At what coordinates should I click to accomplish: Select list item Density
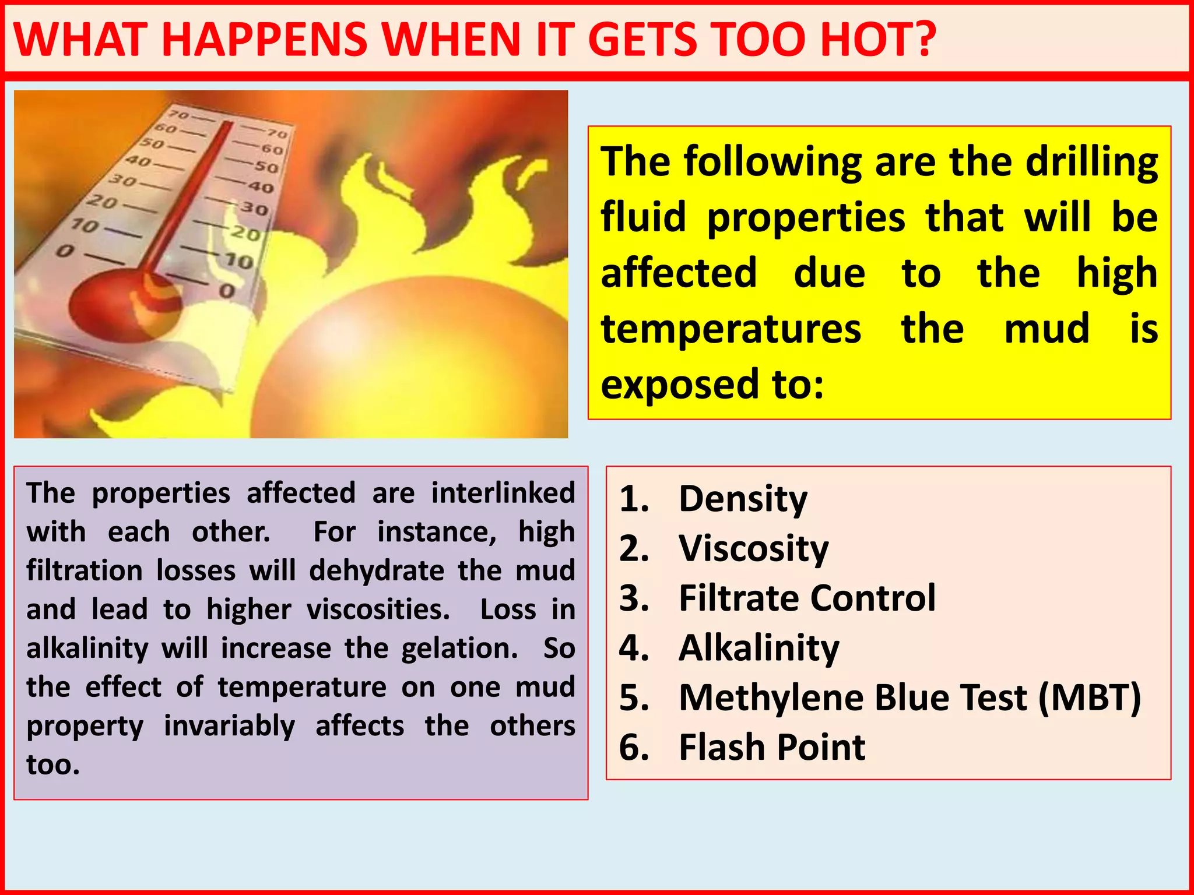click(743, 499)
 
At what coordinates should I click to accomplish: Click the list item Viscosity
click(753, 549)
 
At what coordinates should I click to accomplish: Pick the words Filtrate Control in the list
click(807, 598)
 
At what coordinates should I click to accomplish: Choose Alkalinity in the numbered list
click(758, 648)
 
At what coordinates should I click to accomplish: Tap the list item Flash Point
click(772, 747)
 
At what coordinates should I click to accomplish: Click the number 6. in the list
click(634, 747)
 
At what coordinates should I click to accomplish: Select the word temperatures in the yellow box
click(731, 329)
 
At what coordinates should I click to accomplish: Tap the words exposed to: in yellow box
click(712, 385)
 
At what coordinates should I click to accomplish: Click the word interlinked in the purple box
click(503, 493)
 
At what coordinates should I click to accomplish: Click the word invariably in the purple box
click(229, 726)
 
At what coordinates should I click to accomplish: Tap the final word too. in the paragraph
click(53, 764)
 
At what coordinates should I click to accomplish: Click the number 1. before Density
click(634, 499)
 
